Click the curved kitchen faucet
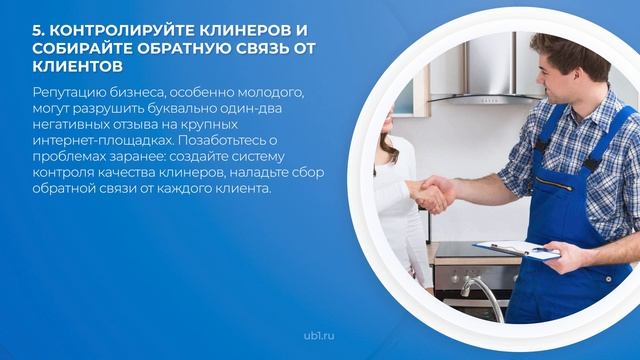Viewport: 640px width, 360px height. click(484, 295)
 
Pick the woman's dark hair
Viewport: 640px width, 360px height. click(387, 147)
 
